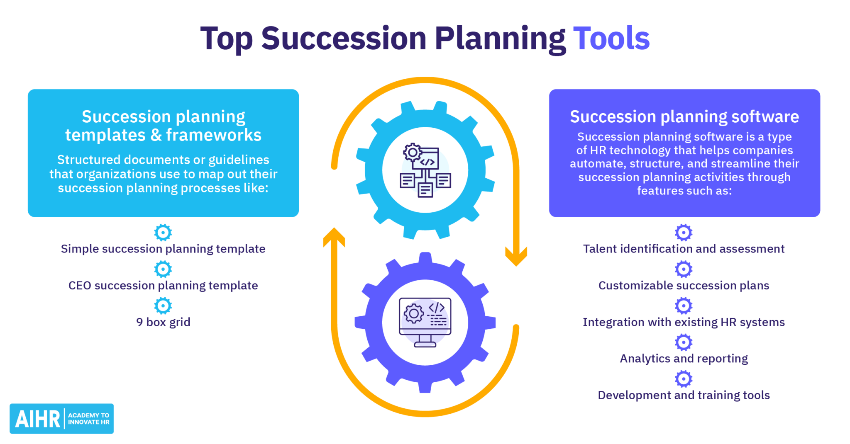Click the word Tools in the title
point(611,39)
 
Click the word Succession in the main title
point(344,39)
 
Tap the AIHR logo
point(61,418)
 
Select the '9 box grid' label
point(163,322)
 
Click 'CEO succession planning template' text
point(163,286)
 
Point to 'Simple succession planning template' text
point(163,249)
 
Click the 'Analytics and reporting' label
point(684,359)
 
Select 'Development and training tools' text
point(684,395)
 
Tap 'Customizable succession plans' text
point(684,286)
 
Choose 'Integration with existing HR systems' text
point(684,322)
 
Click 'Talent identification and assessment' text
point(684,249)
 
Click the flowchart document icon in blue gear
point(425,170)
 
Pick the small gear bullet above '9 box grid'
point(163,306)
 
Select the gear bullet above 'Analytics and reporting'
point(684,342)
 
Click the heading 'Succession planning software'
point(684,117)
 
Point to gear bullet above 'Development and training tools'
point(684,379)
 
